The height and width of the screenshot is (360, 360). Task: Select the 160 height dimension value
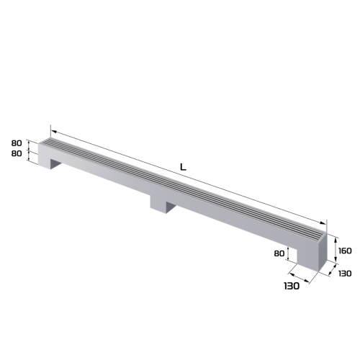click(x=346, y=251)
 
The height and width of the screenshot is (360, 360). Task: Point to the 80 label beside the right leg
click(x=279, y=253)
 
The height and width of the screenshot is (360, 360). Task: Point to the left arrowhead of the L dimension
click(x=52, y=132)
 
